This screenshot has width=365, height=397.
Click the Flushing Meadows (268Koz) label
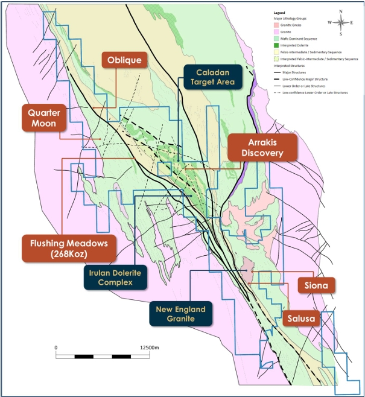point(68,248)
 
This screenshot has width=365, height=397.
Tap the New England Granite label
point(180,314)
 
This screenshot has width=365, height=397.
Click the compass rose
point(341,24)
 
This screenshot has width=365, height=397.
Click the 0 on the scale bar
point(56,348)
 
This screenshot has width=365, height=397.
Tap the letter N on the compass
point(341,11)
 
